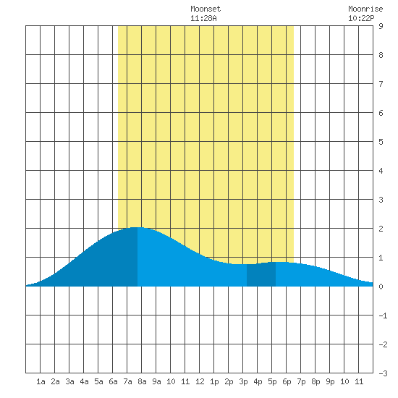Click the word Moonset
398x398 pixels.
point(206,9)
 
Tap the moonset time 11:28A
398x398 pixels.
point(203,18)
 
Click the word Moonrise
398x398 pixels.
point(365,9)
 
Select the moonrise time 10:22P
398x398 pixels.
point(361,18)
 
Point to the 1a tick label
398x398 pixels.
point(41,381)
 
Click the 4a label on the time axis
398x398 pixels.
point(84,381)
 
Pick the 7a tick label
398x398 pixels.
point(127,381)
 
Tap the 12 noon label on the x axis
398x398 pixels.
point(200,381)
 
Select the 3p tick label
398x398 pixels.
point(243,382)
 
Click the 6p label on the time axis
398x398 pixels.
point(287,382)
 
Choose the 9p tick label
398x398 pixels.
point(330,382)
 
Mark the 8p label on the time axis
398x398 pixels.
point(316,382)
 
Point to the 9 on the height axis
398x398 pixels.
point(381,26)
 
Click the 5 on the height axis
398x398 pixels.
point(381,142)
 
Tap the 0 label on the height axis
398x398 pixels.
point(381,287)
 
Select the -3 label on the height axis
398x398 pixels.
point(383,373)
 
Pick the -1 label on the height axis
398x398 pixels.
point(383,316)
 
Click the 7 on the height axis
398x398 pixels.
point(381,84)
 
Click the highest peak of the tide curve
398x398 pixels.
point(137,227)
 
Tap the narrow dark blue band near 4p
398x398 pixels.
point(261,275)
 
